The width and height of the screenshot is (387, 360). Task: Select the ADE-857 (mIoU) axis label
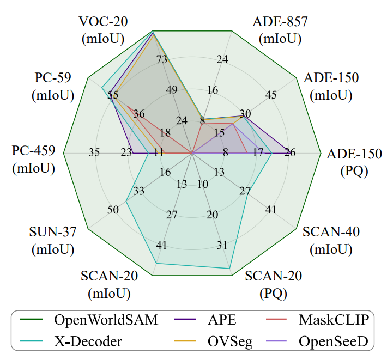click(x=280, y=30)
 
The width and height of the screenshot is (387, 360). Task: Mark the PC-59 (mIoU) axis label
click(x=52, y=87)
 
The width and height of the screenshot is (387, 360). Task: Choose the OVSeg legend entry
click(x=229, y=341)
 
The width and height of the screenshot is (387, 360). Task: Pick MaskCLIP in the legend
click(x=334, y=320)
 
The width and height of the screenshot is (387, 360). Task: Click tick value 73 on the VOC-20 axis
click(x=162, y=60)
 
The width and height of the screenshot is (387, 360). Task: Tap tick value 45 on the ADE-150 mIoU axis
click(x=271, y=95)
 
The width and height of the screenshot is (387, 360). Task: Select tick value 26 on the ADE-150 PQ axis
click(x=289, y=153)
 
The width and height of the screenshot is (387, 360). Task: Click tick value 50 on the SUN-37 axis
click(x=113, y=210)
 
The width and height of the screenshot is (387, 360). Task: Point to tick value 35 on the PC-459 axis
click(x=94, y=153)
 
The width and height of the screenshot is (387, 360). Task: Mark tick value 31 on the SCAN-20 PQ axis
click(x=222, y=245)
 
